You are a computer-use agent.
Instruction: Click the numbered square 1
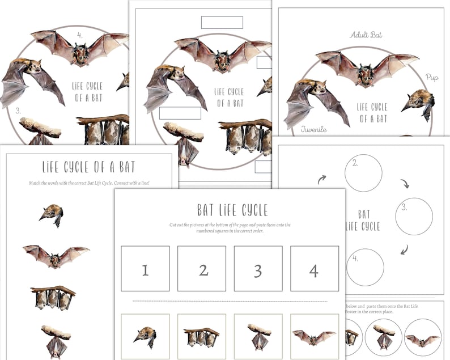pyautogui.click(x=145, y=269)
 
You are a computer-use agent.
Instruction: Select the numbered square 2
pyautogui.click(x=201, y=269)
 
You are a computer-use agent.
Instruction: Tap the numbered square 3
pyautogui.click(x=258, y=269)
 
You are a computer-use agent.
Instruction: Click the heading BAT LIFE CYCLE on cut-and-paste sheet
pyautogui.click(x=232, y=210)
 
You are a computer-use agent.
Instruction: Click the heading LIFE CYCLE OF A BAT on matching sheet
pyautogui.click(x=89, y=167)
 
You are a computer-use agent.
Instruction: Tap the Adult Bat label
pyautogui.click(x=366, y=35)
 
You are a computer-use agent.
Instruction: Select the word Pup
pyautogui.click(x=432, y=77)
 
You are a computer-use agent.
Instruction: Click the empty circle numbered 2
pyautogui.click(x=363, y=173)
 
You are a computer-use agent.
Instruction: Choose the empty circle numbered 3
pyautogui.click(x=414, y=216)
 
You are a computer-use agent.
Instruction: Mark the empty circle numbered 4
pyautogui.click(x=365, y=267)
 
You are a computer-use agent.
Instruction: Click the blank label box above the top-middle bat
pyautogui.click(x=222, y=23)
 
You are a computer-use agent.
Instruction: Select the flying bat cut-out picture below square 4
pyautogui.click(x=315, y=337)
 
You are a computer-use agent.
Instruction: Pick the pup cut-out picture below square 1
pyautogui.click(x=145, y=337)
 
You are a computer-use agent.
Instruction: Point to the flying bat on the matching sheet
pyautogui.click(x=56, y=256)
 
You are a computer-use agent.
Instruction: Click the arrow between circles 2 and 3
pyautogui.click(x=405, y=184)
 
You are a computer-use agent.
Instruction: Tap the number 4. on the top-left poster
pyautogui.click(x=80, y=35)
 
